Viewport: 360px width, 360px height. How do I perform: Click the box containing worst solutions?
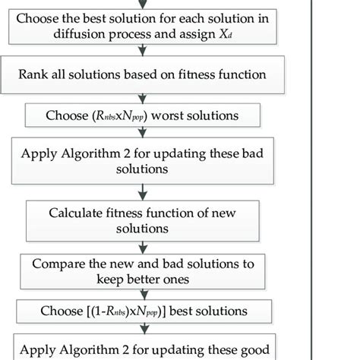[143, 116]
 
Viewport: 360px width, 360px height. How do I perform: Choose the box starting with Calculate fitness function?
[142, 220]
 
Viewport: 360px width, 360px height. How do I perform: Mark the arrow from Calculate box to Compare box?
[143, 248]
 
